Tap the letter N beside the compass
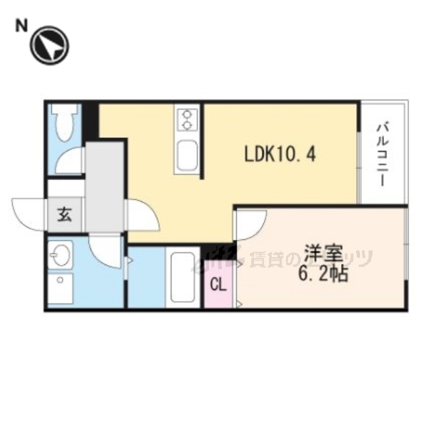click(22, 25)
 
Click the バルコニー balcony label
click(382, 153)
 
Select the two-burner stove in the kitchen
click(187, 119)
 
